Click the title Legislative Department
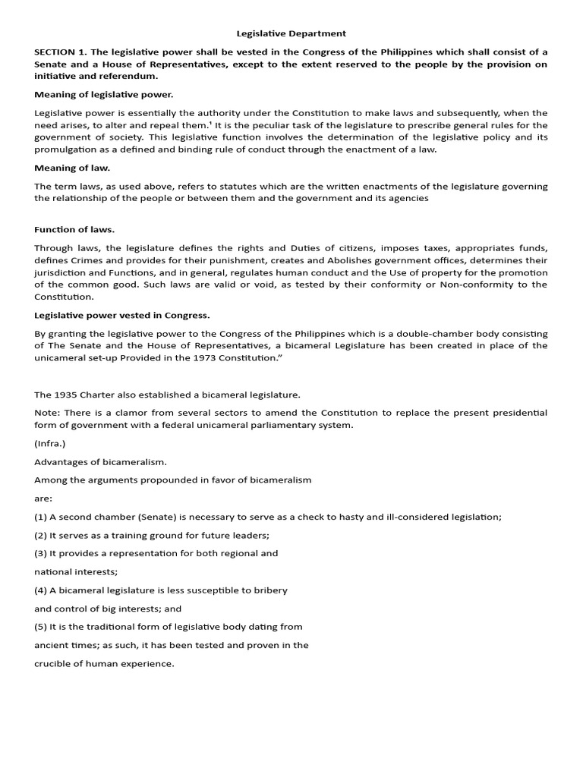coord(291,33)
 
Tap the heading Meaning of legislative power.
coord(104,95)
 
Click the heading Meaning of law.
coord(72,168)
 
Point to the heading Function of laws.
coord(74,229)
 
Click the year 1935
coord(66,395)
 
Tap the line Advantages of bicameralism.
coord(100,461)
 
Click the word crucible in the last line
coord(53,663)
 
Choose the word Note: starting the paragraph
coord(47,413)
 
